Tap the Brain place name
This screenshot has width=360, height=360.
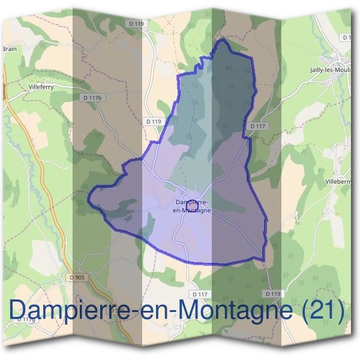coord(9,49)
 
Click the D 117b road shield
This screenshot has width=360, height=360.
coord(93,97)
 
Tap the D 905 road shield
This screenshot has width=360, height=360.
coord(77,277)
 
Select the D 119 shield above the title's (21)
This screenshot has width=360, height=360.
coord(272,293)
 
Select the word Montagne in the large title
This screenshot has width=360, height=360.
coord(238,312)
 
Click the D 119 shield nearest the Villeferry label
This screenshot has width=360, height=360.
coord(154,121)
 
